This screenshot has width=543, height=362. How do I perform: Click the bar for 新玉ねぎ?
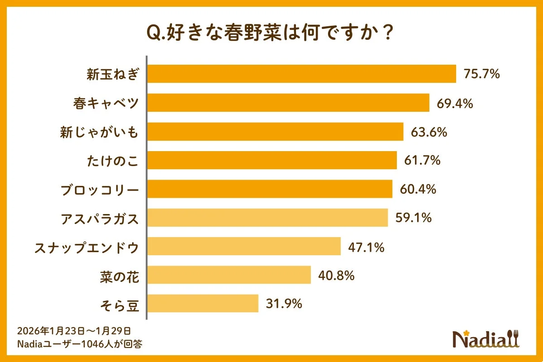click(302, 74)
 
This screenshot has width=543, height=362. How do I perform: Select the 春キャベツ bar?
click(289, 103)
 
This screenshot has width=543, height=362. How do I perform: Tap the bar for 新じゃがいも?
click(276, 132)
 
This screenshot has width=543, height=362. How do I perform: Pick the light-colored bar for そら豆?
click(203, 303)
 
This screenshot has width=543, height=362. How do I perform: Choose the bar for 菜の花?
click(229, 275)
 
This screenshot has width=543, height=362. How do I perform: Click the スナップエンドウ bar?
click(244, 246)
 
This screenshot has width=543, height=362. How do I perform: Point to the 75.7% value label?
click(481, 74)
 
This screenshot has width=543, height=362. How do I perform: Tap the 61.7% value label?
click(422, 160)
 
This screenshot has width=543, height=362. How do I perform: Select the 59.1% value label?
click(414, 218)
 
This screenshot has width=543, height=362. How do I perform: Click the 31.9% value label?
click(284, 304)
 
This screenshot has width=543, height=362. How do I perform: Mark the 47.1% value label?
click(366, 247)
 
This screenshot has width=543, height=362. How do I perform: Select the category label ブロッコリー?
click(100, 190)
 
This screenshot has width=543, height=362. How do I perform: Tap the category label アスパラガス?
click(100, 219)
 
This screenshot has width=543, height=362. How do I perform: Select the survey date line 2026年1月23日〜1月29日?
click(74, 330)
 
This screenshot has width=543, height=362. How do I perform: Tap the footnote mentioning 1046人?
click(80, 343)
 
